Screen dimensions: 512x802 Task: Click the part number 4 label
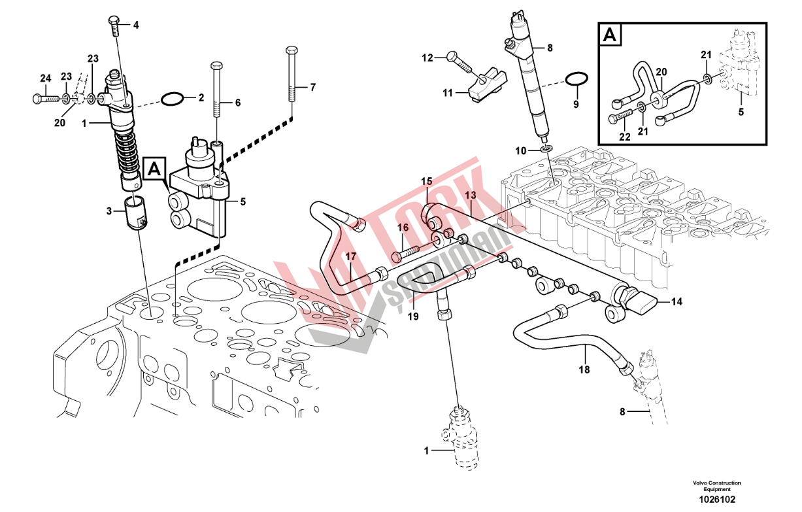[136, 26]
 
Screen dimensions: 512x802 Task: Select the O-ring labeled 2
[173, 99]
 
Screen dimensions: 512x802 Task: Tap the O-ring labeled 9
[575, 80]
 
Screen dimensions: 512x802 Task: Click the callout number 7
[312, 87]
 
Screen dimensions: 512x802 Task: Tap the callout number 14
[677, 302]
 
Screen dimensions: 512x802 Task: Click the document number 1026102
[717, 499]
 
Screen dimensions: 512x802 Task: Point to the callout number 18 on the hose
[584, 369]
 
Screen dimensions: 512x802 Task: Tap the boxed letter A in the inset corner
[610, 35]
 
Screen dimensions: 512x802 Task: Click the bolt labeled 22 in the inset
[622, 119]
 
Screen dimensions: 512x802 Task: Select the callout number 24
[44, 79]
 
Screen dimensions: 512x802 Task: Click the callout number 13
[470, 196]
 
